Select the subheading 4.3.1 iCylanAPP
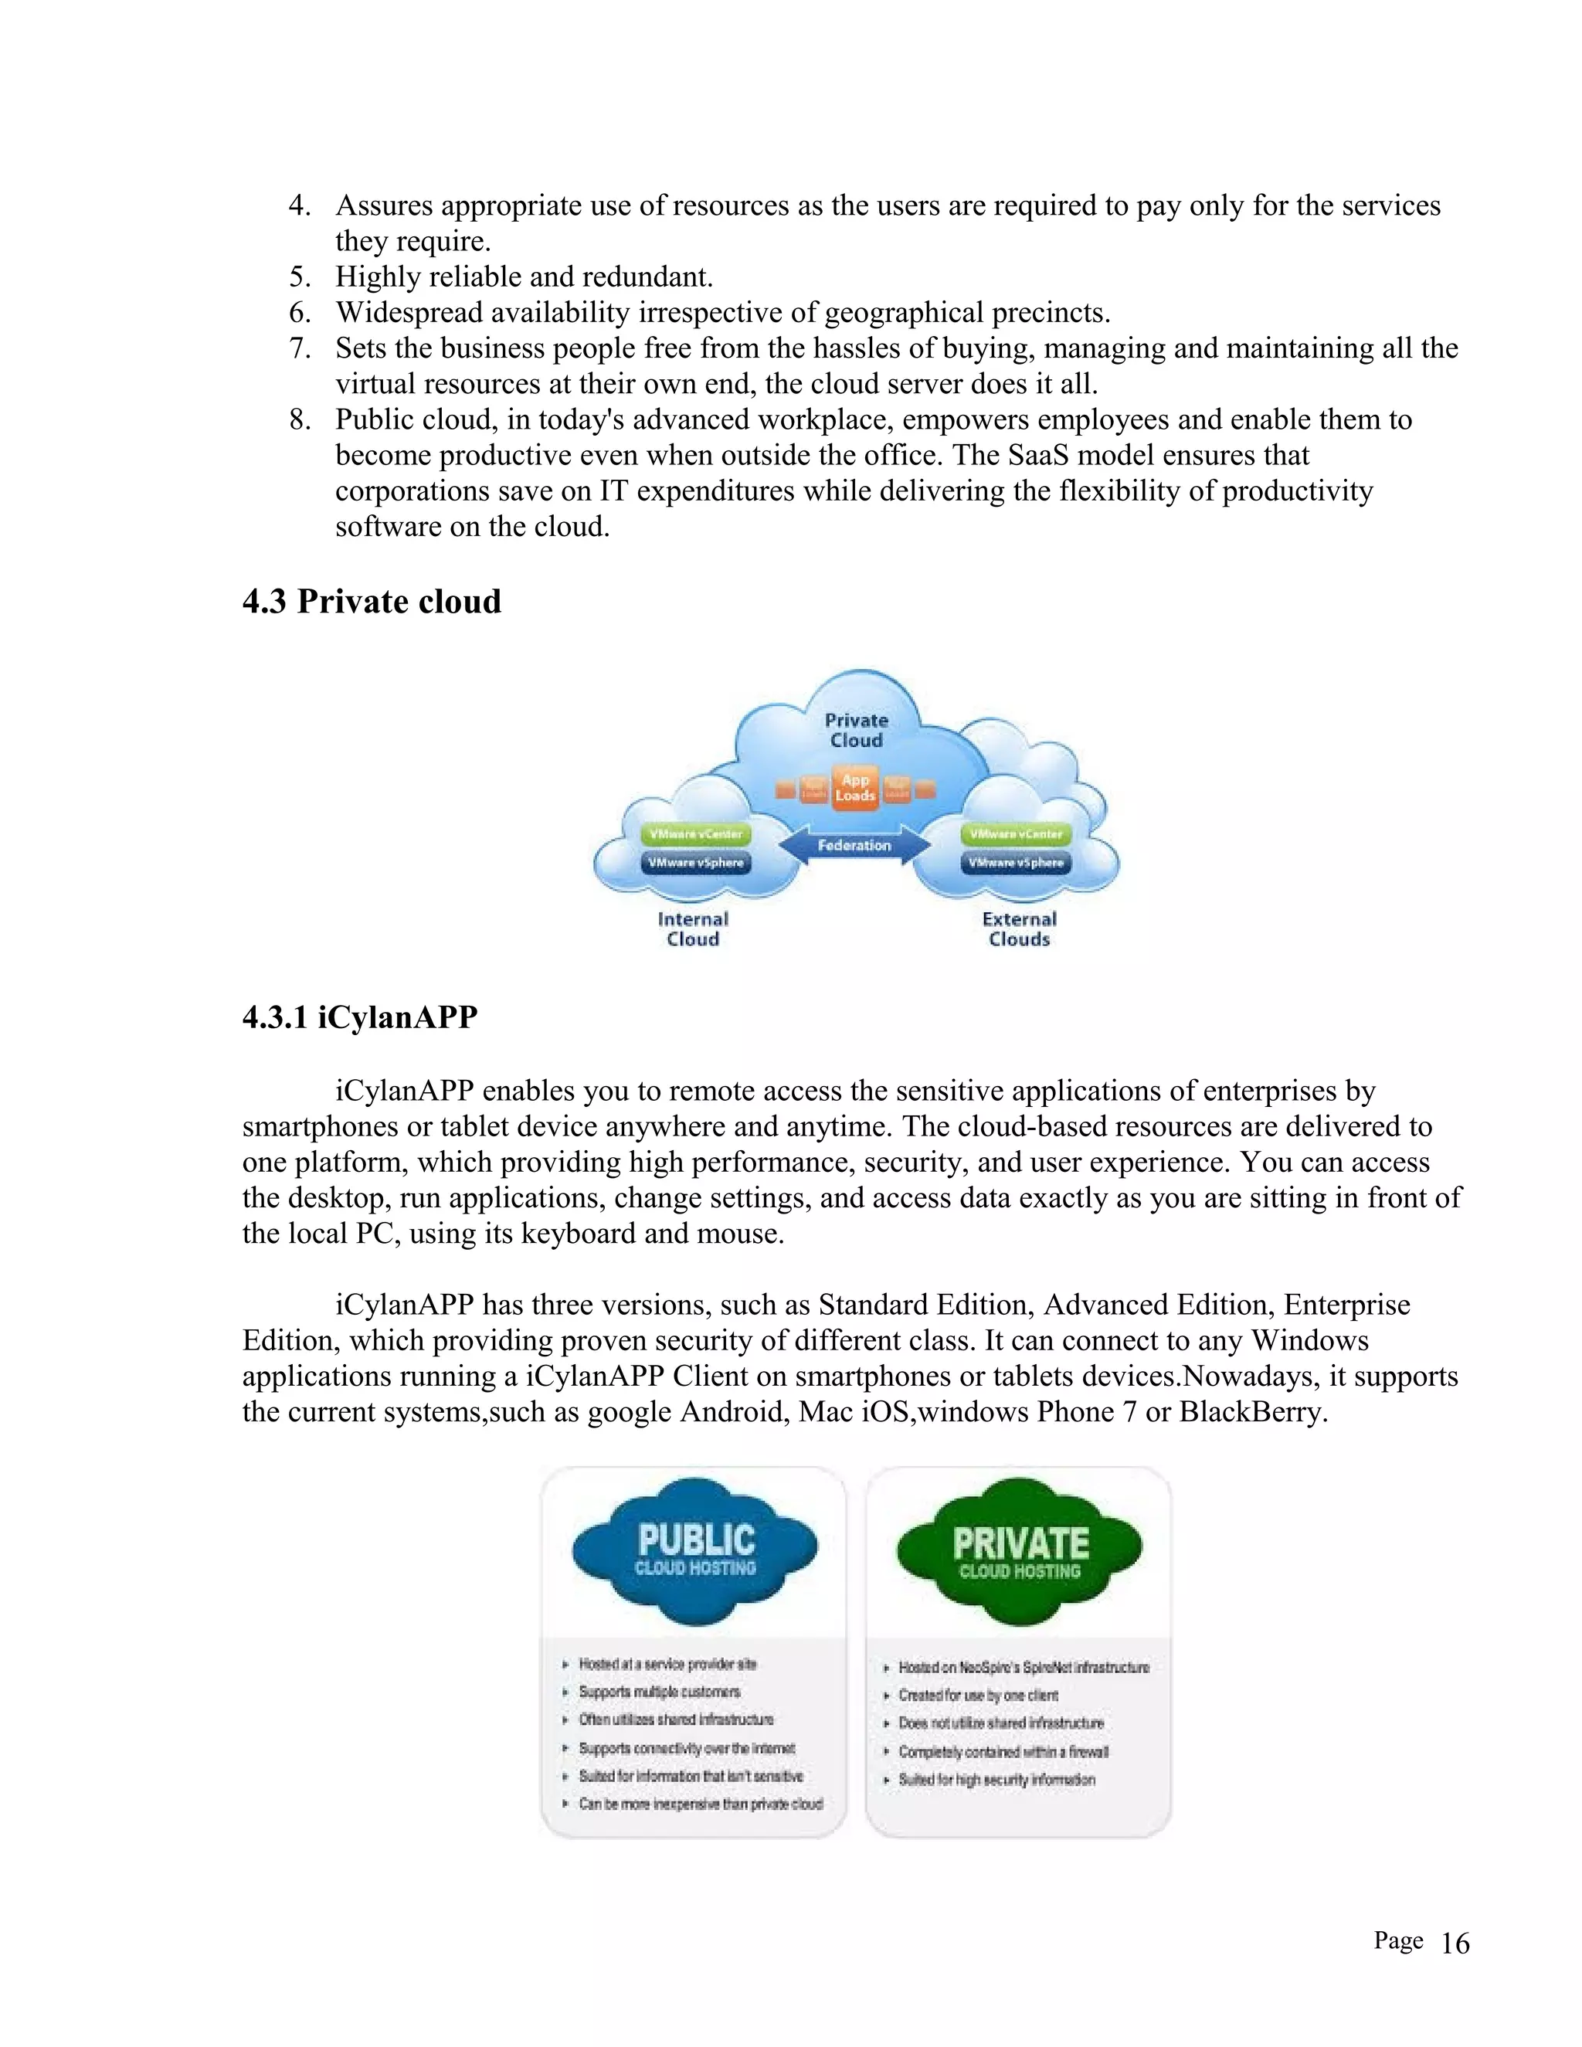pyautogui.click(x=360, y=1017)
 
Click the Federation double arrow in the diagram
pyautogui.click(x=854, y=845)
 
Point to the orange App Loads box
pyautogui.click(x=855, y=788)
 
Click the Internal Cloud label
pyautogui.click(x=693, y=928)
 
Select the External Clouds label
pyautogui.click(x=1019, y=928)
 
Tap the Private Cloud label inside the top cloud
pyautogui.click(x=856, y=730)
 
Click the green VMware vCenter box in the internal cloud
pyautogui.click(x=695, y=833)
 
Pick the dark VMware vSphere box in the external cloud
pyautogui.click(x=1016, y=862)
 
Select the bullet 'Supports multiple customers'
pyautogui.click(x=659, y=1692)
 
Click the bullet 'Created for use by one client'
pyautogui.click(x=977, y=1696)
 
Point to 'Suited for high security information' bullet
pyautogui.click(x=996, y=1780)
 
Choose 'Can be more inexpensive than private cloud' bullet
pyautogui.click(x=700, y=1804)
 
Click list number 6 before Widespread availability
pyautogui.click(x=299, y=312)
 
